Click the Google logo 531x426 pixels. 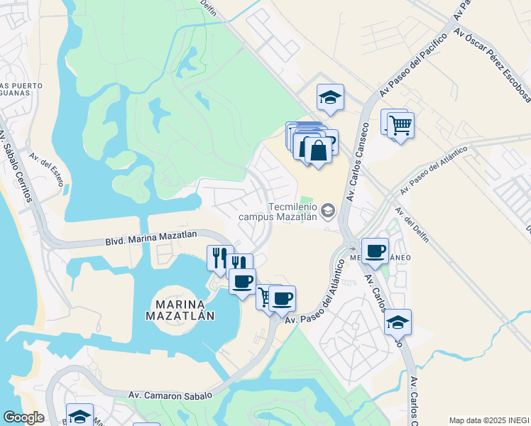(x=23, y=417)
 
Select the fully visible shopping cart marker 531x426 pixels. (x=401, y=126)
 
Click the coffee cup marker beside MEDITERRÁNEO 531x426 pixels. (x=375, y=250)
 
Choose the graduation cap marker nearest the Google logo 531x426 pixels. (x=80, y=415)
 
